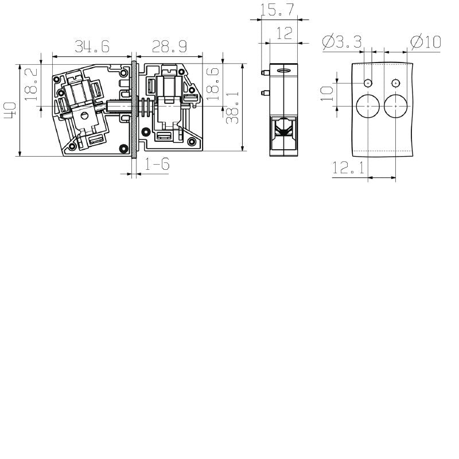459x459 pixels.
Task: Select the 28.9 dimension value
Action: [x=168, y=46]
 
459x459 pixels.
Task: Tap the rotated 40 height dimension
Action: [x=10, y=110]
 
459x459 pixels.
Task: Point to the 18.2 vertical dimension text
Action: [x=32, y=84]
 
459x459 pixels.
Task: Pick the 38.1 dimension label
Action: [x=232, y=108]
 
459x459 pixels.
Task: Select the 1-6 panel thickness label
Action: [x=157, y=165]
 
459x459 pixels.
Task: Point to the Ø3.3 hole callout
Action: [x=342, y=42]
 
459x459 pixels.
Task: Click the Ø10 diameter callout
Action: [x=425, y=42]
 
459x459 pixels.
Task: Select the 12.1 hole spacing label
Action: [x=348, y=168]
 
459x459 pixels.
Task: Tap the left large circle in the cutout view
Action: [x=368, y=107]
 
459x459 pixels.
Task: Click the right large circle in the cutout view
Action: [x=395, y=107]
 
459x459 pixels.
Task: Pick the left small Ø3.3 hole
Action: [x=368, y=83]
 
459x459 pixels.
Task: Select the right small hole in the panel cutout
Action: [x=395, y=83]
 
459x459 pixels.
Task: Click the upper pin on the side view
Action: [x=264, y=73]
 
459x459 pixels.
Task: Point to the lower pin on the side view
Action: [x=264, y=92]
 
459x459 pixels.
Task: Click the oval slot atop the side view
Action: [x=283, y=71]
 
